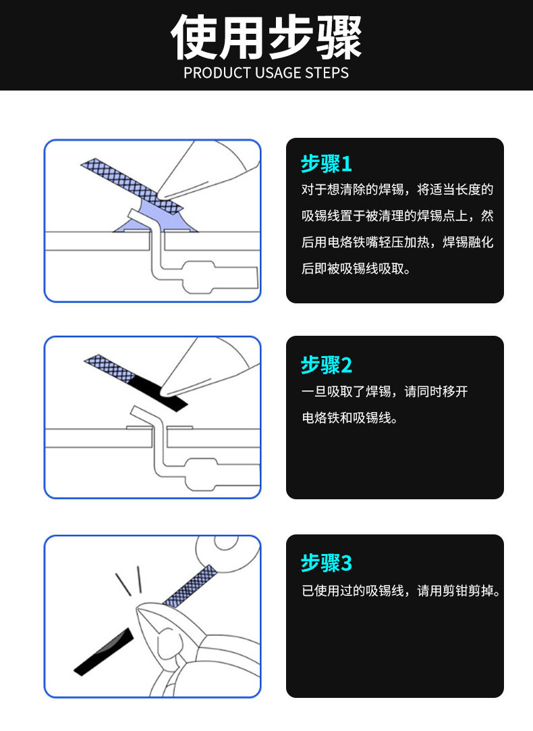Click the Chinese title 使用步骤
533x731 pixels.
266,37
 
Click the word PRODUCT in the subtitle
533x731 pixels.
217,73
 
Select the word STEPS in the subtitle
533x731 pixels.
327,73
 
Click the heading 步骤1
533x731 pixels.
327,163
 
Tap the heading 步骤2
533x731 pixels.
327,365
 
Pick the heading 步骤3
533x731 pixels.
327,563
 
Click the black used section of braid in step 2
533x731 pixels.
157,392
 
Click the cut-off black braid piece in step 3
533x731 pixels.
104,652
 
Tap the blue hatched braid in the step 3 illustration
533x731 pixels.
190,586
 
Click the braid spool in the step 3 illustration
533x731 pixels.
227,554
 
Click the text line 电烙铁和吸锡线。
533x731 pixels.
350,418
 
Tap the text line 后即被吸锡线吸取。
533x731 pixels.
356,268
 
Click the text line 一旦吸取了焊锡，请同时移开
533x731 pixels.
385,392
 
